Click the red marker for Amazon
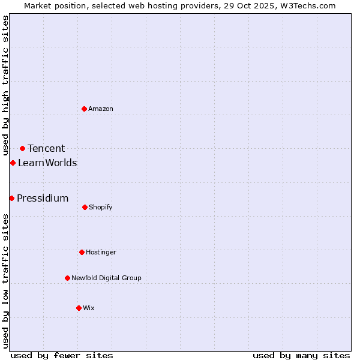click(85, 109)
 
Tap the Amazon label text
click(101, 109)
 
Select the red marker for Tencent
click(22, 148)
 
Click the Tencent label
click(46, 149)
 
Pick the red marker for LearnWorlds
click(13, 163)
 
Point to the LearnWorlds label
click(47, 163)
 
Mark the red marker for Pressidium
click(11, 198)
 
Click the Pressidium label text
click(43, 199)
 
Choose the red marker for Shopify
click(85, 207)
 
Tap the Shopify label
click(101, 208)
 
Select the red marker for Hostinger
click(82, 252)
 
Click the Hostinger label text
click(101, 253)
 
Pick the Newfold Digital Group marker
click(67, 278)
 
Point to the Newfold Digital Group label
click(106, 278)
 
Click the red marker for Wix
click(79, 308)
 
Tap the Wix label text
click(89, 308)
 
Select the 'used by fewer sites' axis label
click(62, 355)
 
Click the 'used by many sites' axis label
click(301, 355)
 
